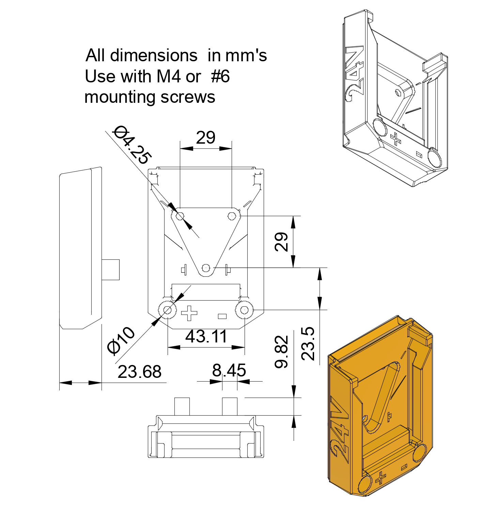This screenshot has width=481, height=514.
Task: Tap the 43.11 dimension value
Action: pyautogui.click(x=206, y=337)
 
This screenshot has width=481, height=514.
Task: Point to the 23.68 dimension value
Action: pyautogui.click(x=139, y=372)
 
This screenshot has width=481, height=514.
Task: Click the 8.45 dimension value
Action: pyautogui.click(x=229, y=370)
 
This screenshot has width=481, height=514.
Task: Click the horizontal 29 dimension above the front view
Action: pyautogui.click(x=206, y=138)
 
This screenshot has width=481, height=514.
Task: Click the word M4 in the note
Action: pyautogui.click(x=168, y=76)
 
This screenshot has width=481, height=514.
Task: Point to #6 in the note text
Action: pyautogui.click(x=220, y=76)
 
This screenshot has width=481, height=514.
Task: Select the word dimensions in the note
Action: pyautogui.click(x=154, y=55)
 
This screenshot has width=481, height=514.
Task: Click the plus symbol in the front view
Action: pyautogui.click(x=189, y=313)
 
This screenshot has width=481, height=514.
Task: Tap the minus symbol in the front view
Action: pyautogui.click(x=222, y=316)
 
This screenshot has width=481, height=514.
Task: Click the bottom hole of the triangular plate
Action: pyautogui.click(x=205, y=268)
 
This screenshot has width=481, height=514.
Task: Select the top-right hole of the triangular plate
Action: pyautogui.click(x=232, y=216)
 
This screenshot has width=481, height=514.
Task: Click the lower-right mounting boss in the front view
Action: pyautogui.click(x=244, y=310)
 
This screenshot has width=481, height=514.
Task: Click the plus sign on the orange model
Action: pyautogui.click(x=381, y=478)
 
